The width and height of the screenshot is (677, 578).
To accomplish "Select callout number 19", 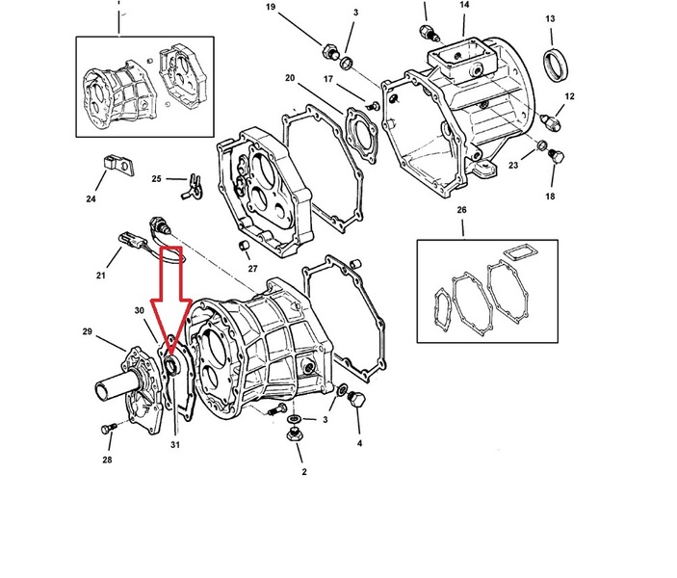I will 271,8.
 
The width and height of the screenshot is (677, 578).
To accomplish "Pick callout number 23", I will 513,165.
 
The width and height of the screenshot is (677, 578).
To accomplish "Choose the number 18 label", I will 550,197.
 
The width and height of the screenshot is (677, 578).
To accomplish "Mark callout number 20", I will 290,77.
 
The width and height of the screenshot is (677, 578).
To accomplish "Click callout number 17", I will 328,79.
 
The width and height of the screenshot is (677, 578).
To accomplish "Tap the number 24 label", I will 91,199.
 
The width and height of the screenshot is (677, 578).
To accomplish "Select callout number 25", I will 156,178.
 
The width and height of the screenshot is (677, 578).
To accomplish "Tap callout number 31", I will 175,444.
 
